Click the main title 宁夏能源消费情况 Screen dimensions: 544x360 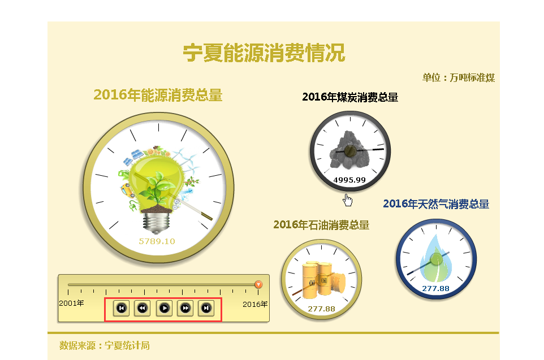tap(264, 53)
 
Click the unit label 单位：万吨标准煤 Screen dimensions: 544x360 tap(458, 77)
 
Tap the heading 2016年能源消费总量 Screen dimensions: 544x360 tap(158, 95)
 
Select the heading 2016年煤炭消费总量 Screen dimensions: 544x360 tap(350, 97)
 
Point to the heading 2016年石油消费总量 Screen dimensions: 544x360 tap(321, 225)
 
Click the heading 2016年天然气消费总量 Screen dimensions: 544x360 tap(436, 204)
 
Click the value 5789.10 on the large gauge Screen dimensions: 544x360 tap(157, 241)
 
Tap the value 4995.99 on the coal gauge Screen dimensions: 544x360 tap(349, 180)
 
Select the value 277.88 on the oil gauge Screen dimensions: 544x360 tap(321, 309)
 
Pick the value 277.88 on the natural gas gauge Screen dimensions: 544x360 tap(436, 289)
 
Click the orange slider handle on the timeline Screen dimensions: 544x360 tap(258, 284)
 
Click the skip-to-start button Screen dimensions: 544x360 tap(122, 308)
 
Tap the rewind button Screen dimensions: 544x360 tap(143, 308)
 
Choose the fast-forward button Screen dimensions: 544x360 tap(185, 308)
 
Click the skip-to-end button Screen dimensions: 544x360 tap(206, 308)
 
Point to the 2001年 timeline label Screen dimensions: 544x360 tap(71, 303)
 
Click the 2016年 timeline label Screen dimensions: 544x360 tap(255, 304)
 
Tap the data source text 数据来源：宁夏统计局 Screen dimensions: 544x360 tap(105, 345)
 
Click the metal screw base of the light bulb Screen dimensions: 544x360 tap(157, 223)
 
